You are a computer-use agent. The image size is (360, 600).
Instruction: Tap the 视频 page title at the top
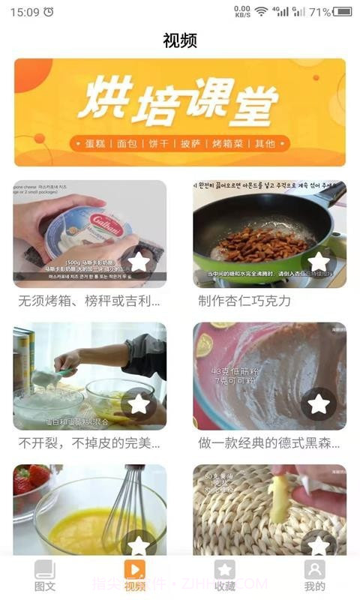click(180, 40)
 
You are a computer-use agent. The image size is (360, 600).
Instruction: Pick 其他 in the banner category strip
click(265, 143)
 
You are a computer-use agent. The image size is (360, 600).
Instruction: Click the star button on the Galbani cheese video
click(139, 262)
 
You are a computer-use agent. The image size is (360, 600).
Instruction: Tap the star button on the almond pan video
click(319, 262)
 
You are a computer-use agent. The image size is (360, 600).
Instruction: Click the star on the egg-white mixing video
click(139, 403)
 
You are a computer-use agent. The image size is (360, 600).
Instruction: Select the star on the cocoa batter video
click(319, 403)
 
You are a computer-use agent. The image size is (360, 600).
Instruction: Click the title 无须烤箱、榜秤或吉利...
click(89, 301)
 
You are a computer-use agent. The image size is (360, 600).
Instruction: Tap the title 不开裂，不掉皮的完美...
click(89, 443)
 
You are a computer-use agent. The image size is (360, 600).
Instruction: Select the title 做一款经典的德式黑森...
click(268, 443)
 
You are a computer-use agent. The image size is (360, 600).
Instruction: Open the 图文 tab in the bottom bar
click(45, 576)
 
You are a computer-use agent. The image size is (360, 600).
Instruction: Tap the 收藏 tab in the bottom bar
click(225, 576)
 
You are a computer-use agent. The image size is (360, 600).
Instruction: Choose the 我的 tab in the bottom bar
click(315, 576)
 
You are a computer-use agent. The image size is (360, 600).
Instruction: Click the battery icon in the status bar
click(343, 12)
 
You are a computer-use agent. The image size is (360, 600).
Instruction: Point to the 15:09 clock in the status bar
click(25, 12)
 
